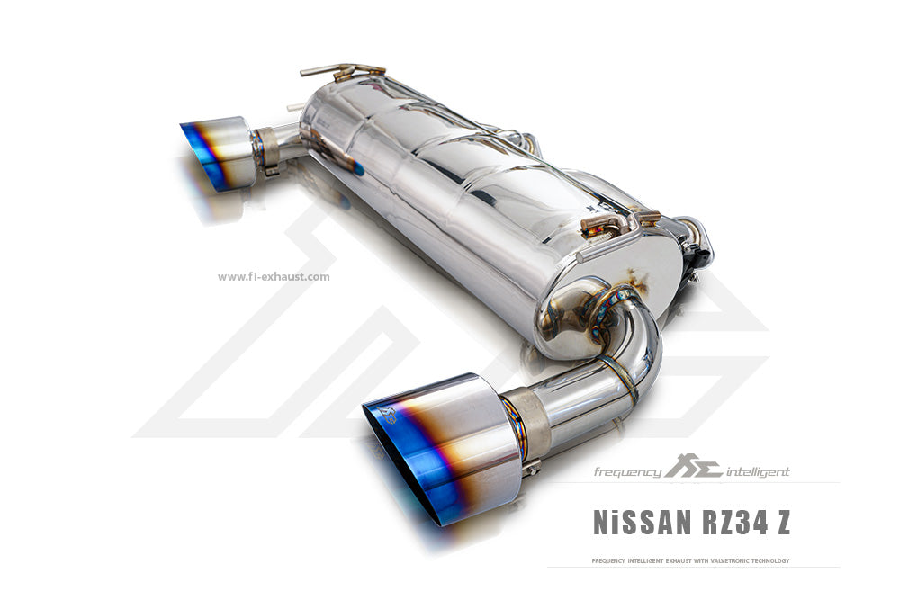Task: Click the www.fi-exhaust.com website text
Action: (274, 276)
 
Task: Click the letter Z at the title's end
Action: (783, 522)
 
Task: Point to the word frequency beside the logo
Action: (627, 472)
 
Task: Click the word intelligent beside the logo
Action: (758, 472)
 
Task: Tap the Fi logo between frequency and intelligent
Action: (694, 466)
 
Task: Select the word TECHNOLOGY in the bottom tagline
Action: (770, 560)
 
